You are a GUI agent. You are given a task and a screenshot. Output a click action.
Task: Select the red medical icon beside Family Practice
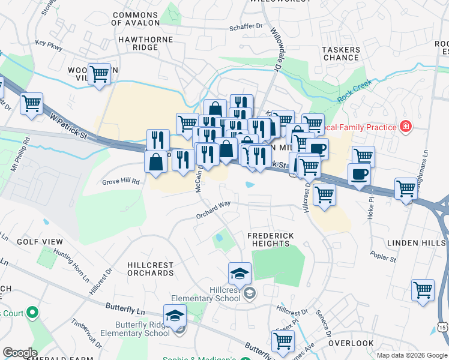[x=406, y=127]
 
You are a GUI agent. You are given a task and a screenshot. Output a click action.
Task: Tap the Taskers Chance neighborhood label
[x=342, y=53]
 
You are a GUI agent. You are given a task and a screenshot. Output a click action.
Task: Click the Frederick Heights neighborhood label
[x=271, y=240]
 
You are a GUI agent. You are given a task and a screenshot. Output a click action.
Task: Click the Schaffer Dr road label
[x=246, y=27]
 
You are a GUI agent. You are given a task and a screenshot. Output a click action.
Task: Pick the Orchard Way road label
[x=213, y=214]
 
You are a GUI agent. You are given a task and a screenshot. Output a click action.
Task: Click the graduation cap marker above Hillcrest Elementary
[x=240, y=274]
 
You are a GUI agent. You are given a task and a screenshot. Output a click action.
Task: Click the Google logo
[x=20, y=353]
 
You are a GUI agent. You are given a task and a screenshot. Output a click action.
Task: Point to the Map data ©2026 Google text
[x=412, y=354]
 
